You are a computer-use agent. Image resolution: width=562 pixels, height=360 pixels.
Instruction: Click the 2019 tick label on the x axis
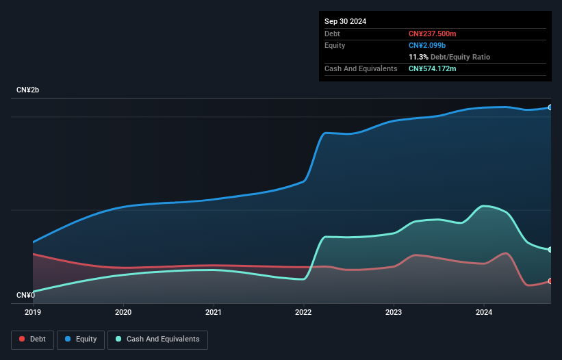33,313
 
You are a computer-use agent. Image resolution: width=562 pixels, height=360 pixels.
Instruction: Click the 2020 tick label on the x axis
123,313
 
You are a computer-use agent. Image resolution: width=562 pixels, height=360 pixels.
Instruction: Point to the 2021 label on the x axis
214,313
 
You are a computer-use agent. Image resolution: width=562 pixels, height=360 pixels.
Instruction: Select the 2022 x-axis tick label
304,313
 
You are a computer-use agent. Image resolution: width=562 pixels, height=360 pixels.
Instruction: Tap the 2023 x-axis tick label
394,313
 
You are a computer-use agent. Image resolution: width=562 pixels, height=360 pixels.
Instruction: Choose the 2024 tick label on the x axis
484,313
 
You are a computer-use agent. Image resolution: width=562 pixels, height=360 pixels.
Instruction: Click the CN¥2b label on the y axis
28,90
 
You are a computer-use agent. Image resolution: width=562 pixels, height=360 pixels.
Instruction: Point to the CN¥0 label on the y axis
25,296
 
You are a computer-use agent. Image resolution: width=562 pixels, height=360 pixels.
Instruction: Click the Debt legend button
32,339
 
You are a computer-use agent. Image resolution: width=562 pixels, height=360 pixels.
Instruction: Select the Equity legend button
81,339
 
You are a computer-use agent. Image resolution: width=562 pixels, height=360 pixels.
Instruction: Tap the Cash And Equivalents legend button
157,339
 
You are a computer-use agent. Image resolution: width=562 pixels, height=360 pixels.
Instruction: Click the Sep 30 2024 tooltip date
345,21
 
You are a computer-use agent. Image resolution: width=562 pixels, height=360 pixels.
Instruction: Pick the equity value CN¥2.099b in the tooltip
427,45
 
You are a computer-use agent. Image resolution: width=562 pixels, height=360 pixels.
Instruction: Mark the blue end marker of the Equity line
550,107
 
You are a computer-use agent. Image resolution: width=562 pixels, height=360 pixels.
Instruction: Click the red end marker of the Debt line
550,281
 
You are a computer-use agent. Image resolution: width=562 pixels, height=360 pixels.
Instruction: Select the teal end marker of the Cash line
550,250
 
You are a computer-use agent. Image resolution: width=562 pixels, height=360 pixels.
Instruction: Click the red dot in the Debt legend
23,339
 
